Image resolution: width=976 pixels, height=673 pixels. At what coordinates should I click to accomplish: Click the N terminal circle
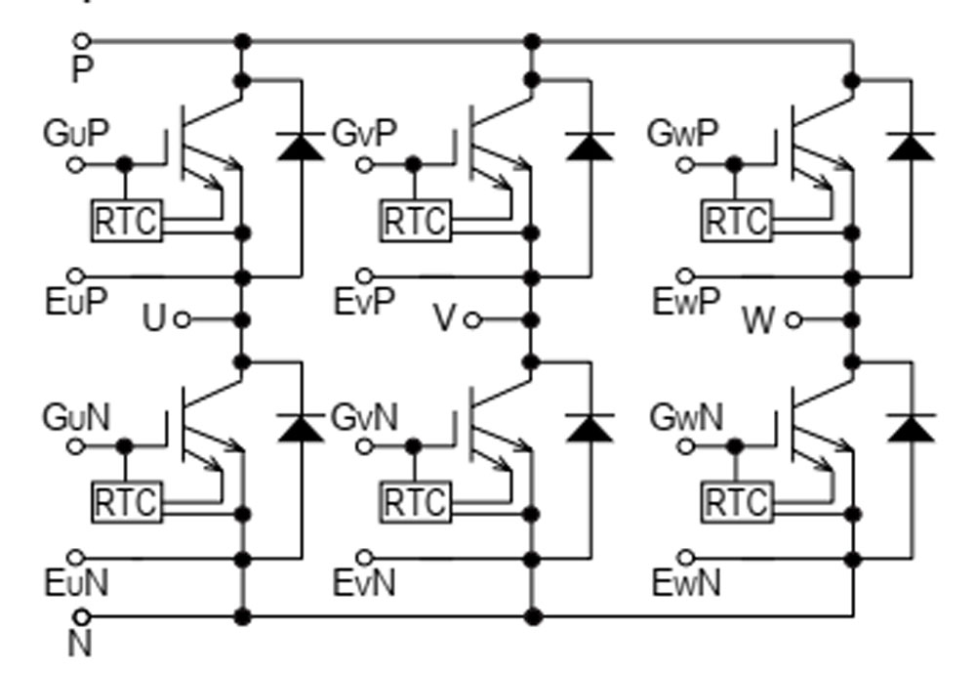point(83,616)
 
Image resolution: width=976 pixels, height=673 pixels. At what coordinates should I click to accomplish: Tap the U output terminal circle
point(182,320)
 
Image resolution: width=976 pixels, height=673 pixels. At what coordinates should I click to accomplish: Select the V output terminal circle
point(472,320)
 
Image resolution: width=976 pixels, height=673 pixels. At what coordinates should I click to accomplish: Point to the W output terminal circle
point(793,320)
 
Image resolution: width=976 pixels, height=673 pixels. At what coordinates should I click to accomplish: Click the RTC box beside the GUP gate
point(127,221)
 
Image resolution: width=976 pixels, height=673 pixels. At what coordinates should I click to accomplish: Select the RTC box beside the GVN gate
point(415,503)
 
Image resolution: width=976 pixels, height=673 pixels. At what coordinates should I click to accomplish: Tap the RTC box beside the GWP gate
point(736,221)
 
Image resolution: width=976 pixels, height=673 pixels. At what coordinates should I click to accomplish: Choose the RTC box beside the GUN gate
point(127,503)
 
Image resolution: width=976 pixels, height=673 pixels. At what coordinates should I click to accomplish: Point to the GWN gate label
point(685,417)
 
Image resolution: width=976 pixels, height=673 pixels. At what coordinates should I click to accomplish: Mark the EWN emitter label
point(685,584)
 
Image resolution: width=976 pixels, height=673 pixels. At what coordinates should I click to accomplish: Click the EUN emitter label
point(75,584)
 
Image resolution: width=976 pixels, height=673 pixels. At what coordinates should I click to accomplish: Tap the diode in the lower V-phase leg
point(590,428)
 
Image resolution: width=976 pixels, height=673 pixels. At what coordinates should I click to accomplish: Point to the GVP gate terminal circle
point(363,164)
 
